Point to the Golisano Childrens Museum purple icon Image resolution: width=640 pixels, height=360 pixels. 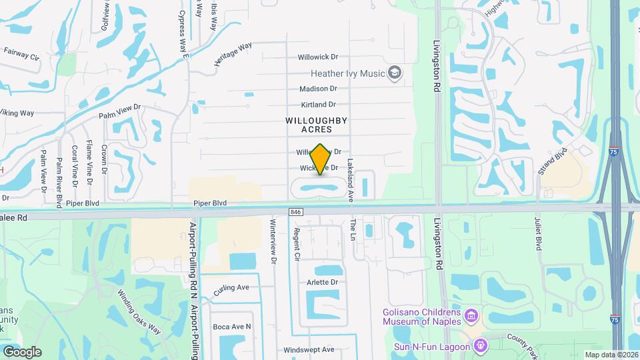point(471,315)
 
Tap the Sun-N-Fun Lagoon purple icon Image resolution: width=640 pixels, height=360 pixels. point(479,345)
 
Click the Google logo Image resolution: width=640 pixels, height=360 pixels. point(22,351)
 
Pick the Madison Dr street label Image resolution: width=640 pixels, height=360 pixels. point(318,89)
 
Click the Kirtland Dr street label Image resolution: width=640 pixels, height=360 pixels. point(317,105)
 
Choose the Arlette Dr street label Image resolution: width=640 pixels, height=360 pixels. point(323,282)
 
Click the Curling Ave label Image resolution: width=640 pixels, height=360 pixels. point(231,287)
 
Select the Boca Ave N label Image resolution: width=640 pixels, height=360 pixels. point(232,327)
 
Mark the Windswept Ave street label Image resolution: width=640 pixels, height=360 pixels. point(309,349)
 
